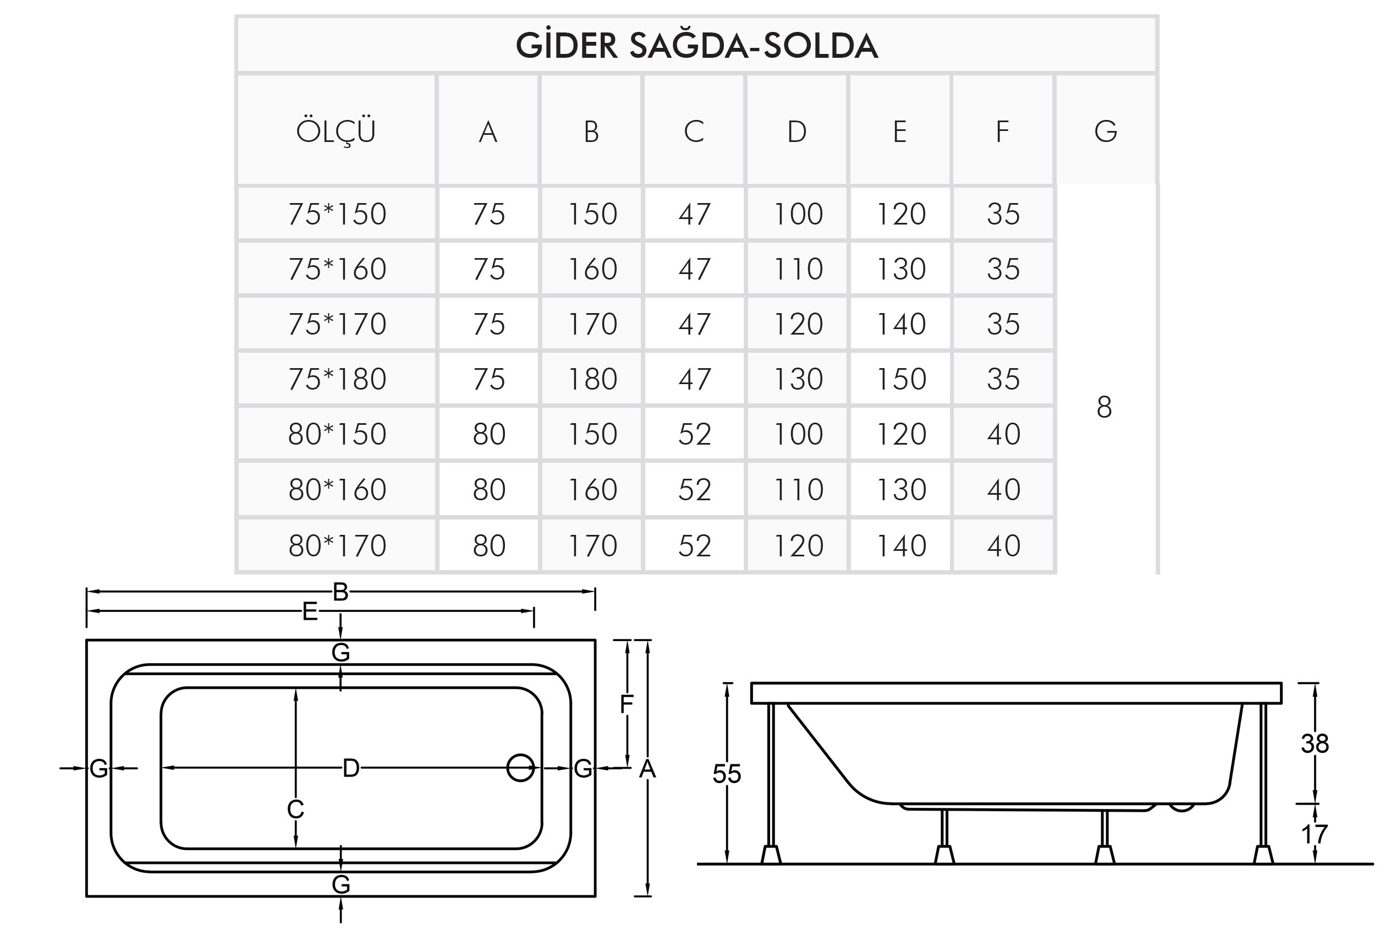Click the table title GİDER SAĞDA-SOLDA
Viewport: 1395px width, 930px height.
696,46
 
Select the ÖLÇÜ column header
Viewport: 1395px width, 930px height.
336,130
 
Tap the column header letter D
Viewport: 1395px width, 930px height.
797,132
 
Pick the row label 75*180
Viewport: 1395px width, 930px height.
337,379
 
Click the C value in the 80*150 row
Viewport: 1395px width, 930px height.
694,434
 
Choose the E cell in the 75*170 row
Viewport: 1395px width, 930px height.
900,324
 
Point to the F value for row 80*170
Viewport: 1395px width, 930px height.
1003,546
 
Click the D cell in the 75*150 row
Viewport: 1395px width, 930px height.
798,214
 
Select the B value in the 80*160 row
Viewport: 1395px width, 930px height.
592,490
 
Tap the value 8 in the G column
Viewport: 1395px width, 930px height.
1104,407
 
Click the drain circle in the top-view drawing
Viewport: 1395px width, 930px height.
520,768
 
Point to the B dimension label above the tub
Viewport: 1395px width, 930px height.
340,592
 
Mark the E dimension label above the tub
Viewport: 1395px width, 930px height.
310,611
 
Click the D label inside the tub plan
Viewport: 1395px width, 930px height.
351,768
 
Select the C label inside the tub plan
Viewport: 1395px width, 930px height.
295,808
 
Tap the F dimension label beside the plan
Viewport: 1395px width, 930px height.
627,704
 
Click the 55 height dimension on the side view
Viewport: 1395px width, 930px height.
726,774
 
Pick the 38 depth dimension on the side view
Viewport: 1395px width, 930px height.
1314,743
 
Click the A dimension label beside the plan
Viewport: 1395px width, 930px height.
647,769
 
